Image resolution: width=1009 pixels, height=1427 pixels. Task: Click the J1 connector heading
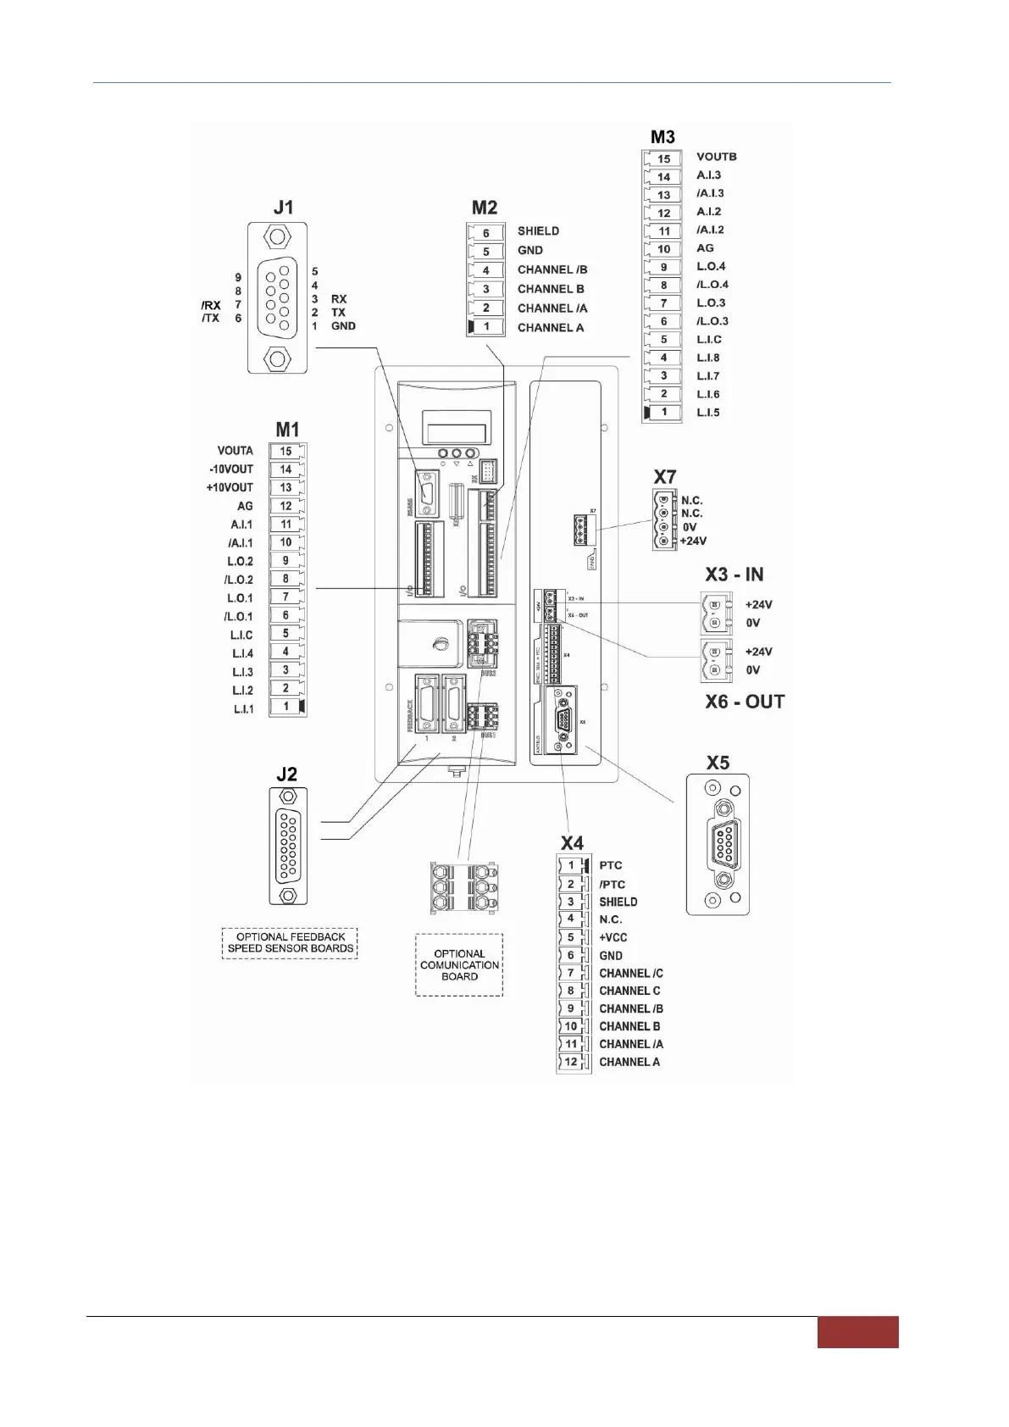(x=283, y=208)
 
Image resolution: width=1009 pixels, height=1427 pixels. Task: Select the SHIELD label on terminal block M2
(x=538, y=230)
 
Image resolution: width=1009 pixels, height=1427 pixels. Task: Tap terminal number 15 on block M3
(x=663, y=158)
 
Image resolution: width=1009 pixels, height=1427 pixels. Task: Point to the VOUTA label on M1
(x=235, y=451)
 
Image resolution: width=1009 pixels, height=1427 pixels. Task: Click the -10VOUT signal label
(x=231, y=469)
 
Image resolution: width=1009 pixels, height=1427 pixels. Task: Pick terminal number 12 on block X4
(x=571, y=1062)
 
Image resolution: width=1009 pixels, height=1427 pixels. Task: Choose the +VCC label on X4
(x=613, y=937)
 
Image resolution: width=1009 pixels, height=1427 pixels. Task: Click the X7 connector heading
(x=665, y=477)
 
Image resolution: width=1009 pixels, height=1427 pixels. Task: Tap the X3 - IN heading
(x=734, y=575)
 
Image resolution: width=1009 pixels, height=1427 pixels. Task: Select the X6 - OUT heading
(x=745, y=702)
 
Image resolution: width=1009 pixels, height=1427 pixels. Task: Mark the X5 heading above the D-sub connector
(x=718, y=763)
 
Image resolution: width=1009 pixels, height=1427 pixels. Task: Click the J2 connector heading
(x=286, y=775)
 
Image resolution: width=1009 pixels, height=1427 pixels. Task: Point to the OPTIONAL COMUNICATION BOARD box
(x=459, y=965)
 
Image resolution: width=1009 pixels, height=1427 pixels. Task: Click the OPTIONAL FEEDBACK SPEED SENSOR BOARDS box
(x=290, y=942)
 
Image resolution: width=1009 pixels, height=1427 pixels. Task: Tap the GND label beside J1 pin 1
(x=343, y=326)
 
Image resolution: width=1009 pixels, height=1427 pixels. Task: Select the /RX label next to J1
(x=211, y=305)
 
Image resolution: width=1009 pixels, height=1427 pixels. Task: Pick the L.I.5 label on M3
(x=707, y=413)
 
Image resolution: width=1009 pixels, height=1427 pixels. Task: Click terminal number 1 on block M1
(x=286, y=707)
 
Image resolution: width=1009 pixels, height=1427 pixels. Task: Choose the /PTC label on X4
(x=612, y=884)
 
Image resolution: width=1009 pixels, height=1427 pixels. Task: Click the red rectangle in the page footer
(x=857, y=1331)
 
